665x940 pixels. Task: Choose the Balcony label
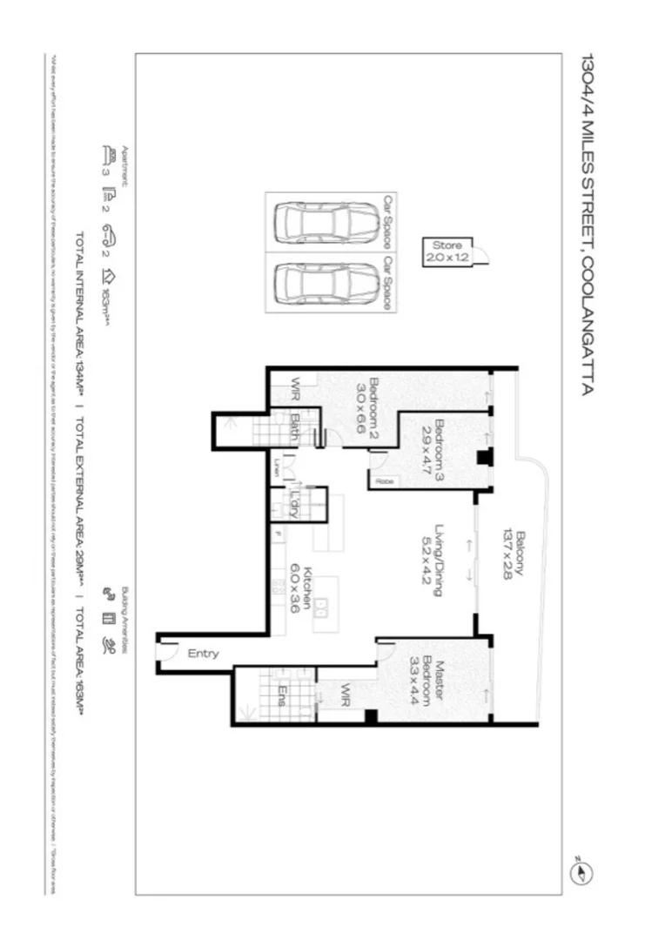(518, 554)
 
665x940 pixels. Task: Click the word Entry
(202, 655)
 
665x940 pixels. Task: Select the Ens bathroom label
(283, 694)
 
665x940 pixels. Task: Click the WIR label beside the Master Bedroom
(345, 694)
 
